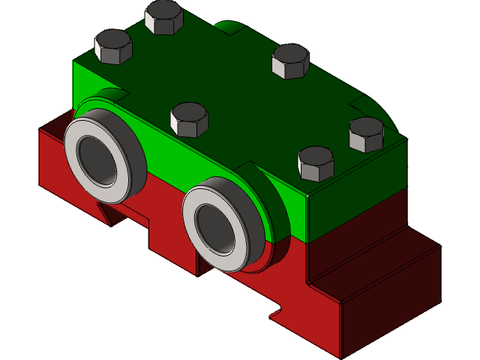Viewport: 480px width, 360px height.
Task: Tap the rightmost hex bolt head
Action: coord(367,133)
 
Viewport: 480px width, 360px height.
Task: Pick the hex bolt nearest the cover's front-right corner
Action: coord(316,163)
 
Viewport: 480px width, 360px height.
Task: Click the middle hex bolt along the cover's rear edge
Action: coord(290,61)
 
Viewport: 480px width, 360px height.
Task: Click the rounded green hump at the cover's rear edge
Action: coord(228,29)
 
